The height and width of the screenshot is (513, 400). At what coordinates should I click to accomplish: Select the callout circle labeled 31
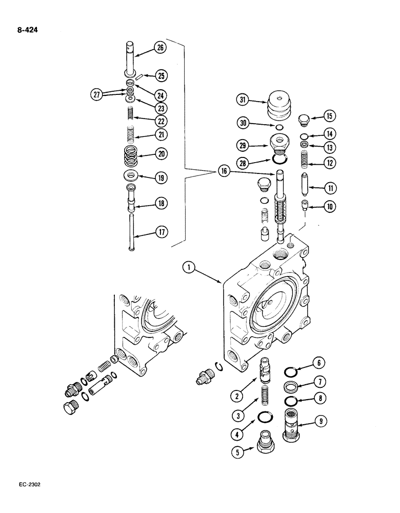pyautogui.click(x=243, y=100)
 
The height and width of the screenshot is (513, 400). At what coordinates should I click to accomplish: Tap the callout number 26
pyautogui.click(x=159, y=49)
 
